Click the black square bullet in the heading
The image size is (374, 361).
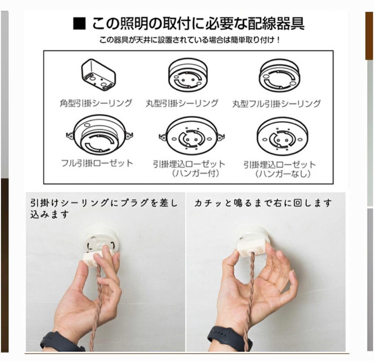click(80, 24)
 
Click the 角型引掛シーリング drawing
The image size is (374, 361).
click(98, 74)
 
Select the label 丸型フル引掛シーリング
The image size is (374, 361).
click(276, 103)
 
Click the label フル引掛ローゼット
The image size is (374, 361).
click(97, 163)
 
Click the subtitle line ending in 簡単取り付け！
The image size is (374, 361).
click(189, 40)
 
